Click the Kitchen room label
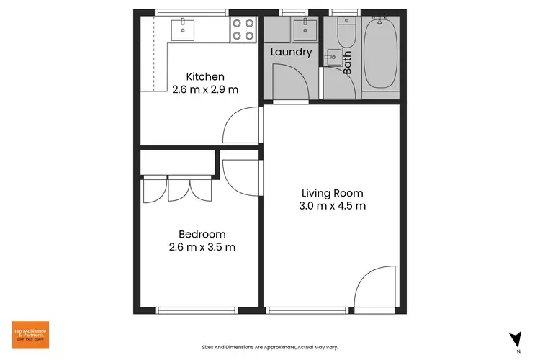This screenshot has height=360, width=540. coord(205,77)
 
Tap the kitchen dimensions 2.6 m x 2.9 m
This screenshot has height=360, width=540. coord(205,90)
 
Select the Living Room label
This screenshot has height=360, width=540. coord(332,193)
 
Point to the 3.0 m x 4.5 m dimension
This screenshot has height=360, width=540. coord(333,206)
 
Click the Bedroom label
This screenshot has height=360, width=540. coord(202,234)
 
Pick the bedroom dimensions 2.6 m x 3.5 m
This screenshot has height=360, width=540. coord(202,247)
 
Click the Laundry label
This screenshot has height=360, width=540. coord(291,52)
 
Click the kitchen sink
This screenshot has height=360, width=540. coord(184,30)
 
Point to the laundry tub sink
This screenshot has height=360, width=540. coord(302,30)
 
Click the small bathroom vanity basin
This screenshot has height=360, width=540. coord(332,57)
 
